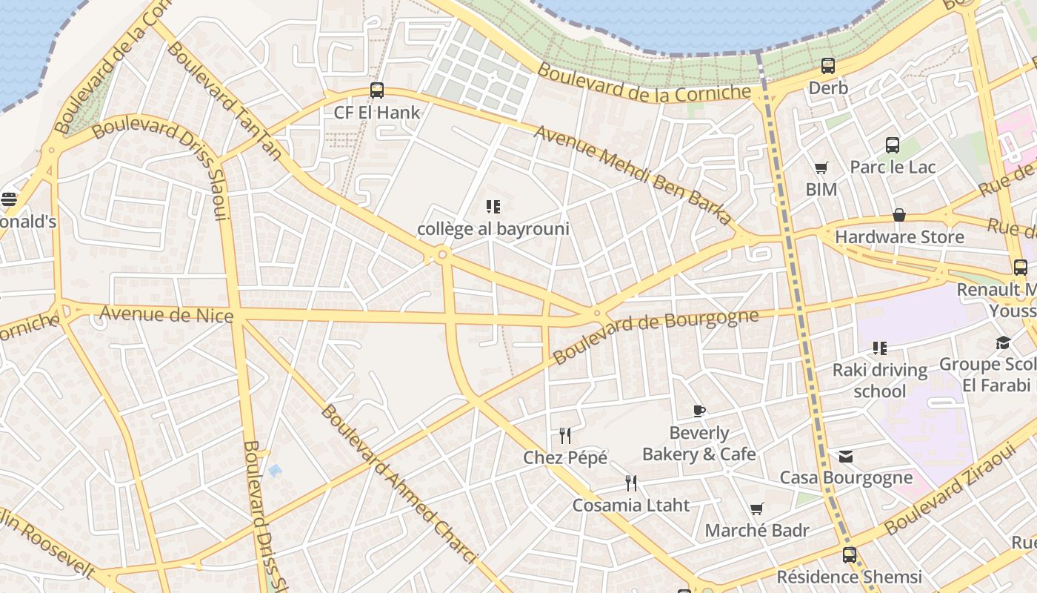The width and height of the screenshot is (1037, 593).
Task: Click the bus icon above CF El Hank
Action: (377, 90)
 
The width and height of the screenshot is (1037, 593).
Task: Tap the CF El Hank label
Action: (377, 113)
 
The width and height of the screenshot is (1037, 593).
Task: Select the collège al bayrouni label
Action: (493, 228)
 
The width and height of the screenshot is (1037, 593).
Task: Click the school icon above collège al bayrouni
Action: (493, 207)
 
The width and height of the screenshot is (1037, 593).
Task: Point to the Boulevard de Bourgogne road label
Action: (656, 337)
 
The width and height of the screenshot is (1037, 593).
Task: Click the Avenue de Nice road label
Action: (167, 314)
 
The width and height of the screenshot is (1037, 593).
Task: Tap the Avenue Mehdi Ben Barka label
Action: (633, 176)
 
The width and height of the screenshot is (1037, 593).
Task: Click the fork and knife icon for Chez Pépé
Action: (565, 435)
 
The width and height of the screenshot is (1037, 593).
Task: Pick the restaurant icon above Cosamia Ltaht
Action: (631, 483)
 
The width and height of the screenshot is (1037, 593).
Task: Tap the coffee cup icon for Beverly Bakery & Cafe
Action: (698, 411)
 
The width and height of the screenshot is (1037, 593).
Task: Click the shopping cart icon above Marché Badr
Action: (756, 509)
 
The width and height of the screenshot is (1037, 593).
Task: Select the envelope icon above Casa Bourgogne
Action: (846, 456)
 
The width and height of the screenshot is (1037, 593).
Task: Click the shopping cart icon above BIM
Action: (821, 168)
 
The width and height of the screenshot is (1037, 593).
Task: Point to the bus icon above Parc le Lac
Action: (893, 145)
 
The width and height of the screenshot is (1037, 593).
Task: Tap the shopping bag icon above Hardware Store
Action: (899, 215)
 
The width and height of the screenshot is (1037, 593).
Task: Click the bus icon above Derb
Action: (828, 66)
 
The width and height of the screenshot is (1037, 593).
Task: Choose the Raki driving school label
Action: (880, 380)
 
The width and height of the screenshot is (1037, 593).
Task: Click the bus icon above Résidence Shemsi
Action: (850, 554)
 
